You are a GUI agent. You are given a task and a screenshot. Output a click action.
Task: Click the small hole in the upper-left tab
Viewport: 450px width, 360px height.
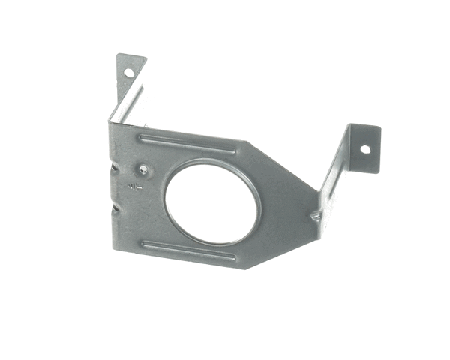pyautogui.click(x=128, y=73)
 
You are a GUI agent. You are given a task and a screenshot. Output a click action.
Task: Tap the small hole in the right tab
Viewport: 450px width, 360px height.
pyautogui.click(x=365, y=148)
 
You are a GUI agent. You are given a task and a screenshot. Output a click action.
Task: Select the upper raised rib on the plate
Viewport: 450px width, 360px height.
pyautogui.click(x=187, y=141)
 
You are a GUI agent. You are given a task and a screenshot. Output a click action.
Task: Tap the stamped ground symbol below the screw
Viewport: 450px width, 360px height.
pyautogui.click(x=135, y=187)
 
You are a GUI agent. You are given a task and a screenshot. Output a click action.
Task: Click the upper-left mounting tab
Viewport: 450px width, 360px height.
pyautogui.click(x=130, y=72)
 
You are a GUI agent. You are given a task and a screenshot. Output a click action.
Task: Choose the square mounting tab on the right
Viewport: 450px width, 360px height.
pyautogui.click(x=364, y=148)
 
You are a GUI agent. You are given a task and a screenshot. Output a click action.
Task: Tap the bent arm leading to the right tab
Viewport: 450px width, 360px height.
pyautogui.click(x=335, y=180)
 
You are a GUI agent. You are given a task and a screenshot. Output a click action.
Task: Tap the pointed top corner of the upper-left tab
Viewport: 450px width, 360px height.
pyautogui.click(x=118, y=55)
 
